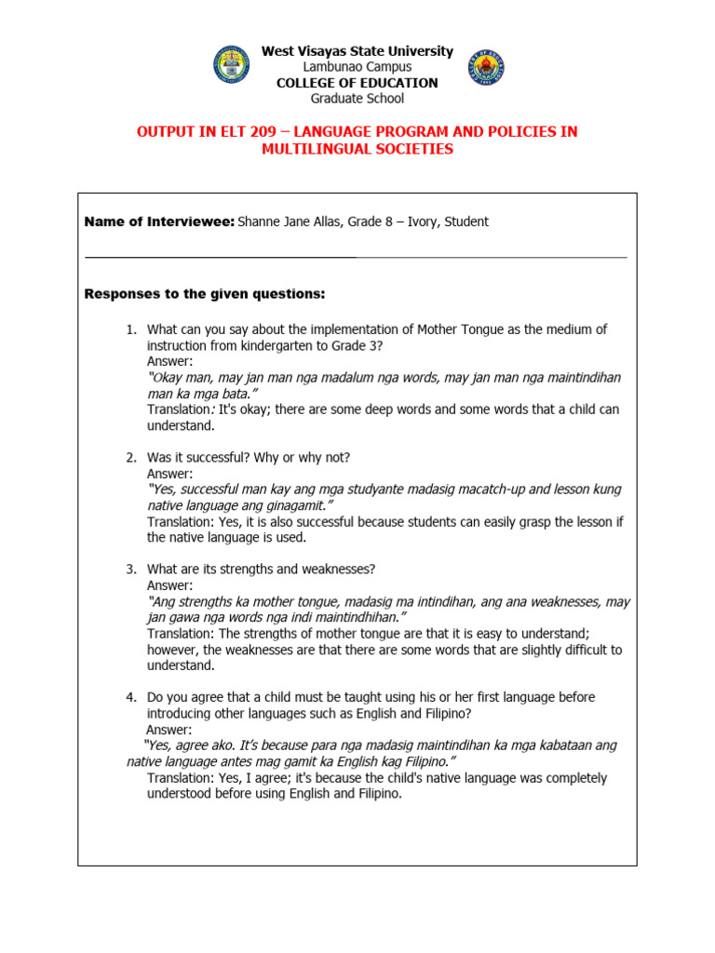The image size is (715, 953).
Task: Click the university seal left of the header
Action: (x=232, y=65)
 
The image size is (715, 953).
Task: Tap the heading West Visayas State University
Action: (x=357, y=51)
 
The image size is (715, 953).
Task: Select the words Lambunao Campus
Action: (x=357, y=67)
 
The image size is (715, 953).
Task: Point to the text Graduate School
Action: (x=357, y=98)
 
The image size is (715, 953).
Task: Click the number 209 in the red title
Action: (x=243, y=132)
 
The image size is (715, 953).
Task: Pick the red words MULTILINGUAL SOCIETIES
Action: (x=357, y=149)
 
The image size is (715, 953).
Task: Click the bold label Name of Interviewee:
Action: (x=159, y=221)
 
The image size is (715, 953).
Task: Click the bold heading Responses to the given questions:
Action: (x=205, y=294)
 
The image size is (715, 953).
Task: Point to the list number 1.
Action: (x=130, y=329)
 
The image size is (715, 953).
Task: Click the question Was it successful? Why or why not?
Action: (x=249, y=458)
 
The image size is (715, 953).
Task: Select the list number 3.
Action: (x=130, y=569)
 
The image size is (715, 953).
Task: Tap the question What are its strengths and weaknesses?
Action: (x=261, y=569)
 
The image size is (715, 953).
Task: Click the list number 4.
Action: (x=130, y=697)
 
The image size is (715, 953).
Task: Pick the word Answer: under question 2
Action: (x=170, y=474)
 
